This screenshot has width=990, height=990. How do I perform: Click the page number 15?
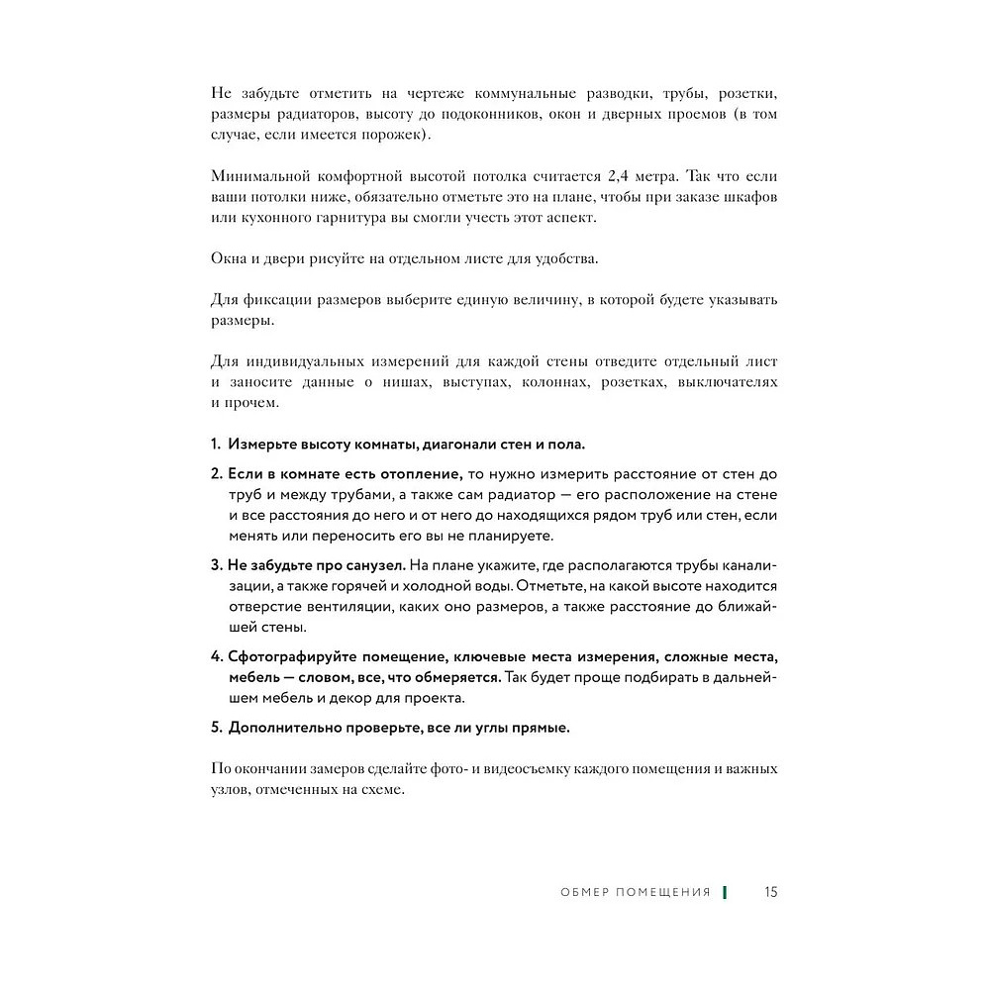771,892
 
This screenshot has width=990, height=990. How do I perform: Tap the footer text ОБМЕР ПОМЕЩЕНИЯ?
636,892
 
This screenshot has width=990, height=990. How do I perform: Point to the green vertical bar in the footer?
725,892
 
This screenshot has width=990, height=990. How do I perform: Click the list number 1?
215,445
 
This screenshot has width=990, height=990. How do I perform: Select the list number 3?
215,564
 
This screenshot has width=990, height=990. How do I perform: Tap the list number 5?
215,728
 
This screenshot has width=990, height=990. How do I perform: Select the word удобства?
563,258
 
